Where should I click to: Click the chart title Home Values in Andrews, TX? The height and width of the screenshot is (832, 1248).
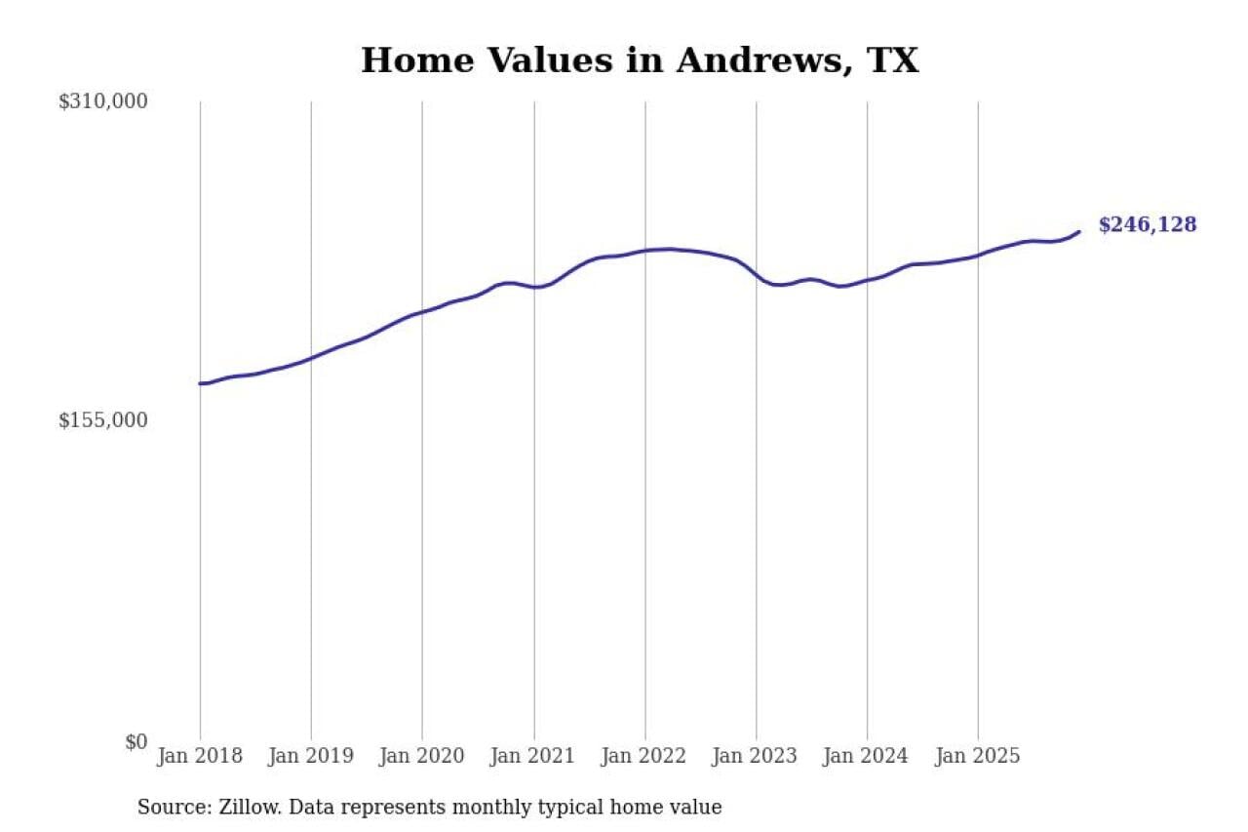(x=639, y=60)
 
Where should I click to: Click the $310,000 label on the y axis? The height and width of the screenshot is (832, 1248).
(x=103, y=101)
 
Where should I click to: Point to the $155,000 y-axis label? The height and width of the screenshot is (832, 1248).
(x=103, y=420)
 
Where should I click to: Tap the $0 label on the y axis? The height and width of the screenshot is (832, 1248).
(x=136, y=742)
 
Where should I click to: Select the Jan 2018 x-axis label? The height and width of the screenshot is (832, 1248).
(x=200, y=756)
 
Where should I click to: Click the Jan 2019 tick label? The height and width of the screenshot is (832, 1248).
(x=311, y=756)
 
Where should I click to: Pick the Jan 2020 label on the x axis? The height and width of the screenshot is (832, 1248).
(x=422, y=756)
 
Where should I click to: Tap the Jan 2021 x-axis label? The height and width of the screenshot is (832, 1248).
(x=533, y=756)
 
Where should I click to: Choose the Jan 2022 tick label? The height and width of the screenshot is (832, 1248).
(x=644, y=756)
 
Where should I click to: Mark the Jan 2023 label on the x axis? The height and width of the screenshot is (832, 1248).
(x=756, y=756)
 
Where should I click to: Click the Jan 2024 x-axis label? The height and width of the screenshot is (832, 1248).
(x=867, y=756)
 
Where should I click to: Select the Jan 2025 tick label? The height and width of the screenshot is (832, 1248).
(x=978, y=756)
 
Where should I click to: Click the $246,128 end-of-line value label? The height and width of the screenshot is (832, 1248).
(x=1147, y=225)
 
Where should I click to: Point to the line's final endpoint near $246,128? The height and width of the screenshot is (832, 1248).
(x=1079, y=231)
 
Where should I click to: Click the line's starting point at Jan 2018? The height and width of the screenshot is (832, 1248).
(x=200, y=383)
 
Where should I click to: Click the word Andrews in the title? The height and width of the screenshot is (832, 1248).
(x=747, y=60)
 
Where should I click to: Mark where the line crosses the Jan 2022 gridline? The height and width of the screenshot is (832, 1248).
(x=644, y=251)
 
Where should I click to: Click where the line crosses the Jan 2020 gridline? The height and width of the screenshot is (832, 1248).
(x=422, y=312)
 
